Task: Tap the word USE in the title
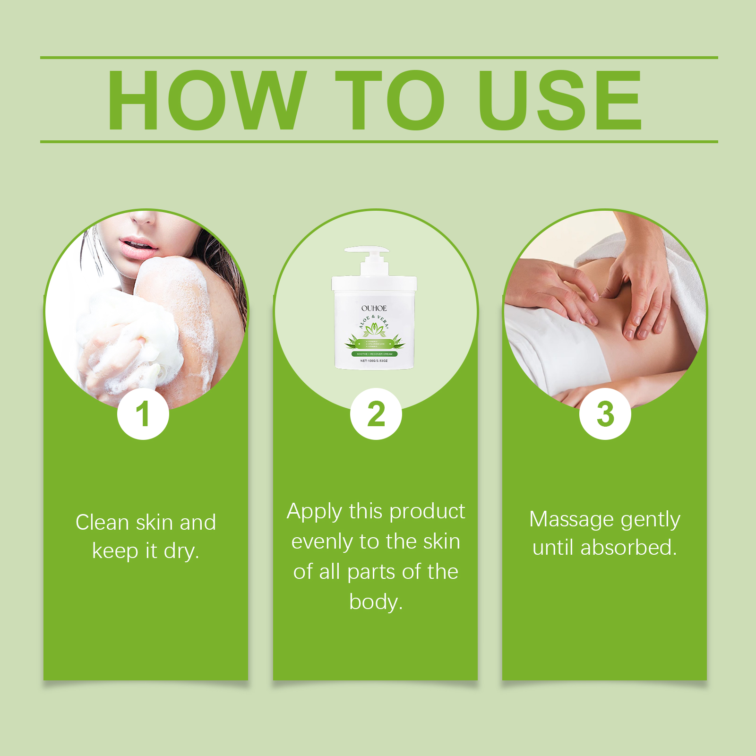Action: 559,100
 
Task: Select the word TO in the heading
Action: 390,100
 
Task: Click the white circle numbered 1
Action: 143,414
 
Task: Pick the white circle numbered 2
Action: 376,414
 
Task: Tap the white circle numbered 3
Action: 605,414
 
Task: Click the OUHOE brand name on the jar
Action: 374,308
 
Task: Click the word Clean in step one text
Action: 102,523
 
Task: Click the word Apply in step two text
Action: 314,512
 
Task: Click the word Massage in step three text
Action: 571,519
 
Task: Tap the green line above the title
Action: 378,58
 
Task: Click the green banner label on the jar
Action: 374,354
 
